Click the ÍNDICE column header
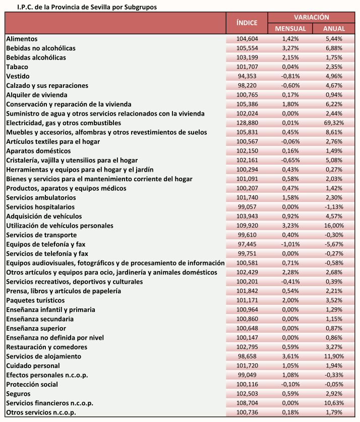click(x=247, y=23)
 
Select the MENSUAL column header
click(x=290, y=29)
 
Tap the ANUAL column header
click(x=334, y=29)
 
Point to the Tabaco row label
click(x=17, y=67)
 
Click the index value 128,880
click(x=247, y=123)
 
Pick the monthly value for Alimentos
click(x=290, y=39)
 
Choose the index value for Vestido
click(x=247, y=76)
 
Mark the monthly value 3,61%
click(x=290, y=356)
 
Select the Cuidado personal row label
click(x=33, y=365)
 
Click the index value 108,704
click(x=247, y=403)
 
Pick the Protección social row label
click(x=32, y=385)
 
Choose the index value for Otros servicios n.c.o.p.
click(x=247, y=412)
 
